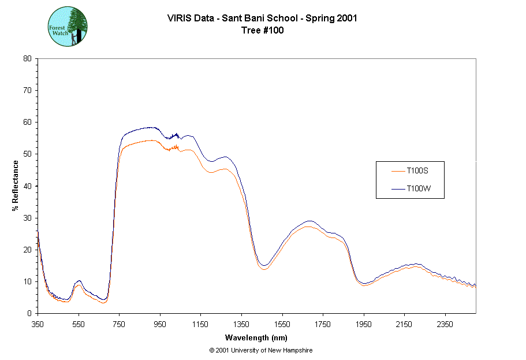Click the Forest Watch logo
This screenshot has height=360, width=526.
[68, 27]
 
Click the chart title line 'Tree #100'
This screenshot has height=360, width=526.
[263, 31]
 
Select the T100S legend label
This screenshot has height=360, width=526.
[417, 171]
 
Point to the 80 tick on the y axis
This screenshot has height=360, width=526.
[27, 58]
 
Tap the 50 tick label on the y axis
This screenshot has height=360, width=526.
[27, 154]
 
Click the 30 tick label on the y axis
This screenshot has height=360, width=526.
[27, 218]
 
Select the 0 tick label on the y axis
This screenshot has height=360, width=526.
[29, 313]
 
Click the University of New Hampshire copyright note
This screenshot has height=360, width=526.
[261, 350]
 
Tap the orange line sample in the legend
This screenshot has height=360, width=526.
[398, 171]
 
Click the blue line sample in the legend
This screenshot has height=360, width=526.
[398, 188]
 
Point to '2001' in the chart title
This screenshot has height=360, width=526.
[346, 18]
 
